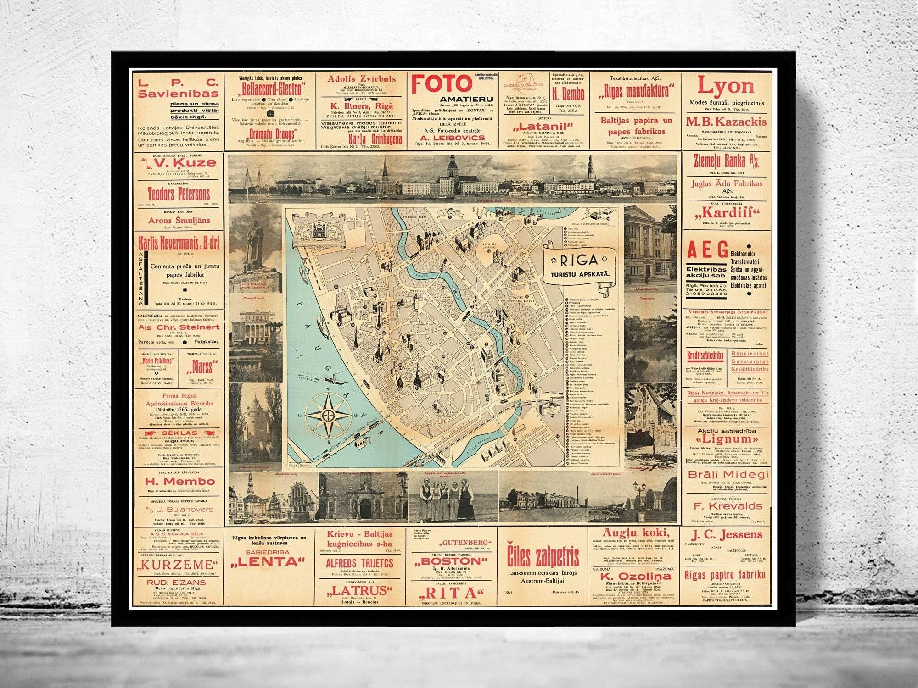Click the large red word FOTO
click(442, 84)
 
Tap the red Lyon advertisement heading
click(726, 86)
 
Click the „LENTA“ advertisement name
click(269, 561)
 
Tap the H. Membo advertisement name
click(180, 481)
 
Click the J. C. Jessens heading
click(726, 534)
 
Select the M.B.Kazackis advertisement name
click(726, 122)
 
